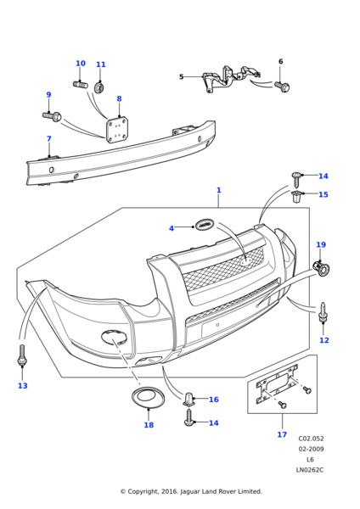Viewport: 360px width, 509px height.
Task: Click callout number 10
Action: click(81, 64)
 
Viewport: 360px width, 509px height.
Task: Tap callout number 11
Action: click(101, 64)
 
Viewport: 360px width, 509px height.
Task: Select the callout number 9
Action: click(48, 95)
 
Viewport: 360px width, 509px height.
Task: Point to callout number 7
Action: click(48, 139)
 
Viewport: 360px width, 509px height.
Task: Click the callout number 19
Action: click(320, 245)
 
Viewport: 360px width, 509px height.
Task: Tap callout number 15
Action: click(323, 194)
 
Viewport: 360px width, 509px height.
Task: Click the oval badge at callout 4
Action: click(205, 225)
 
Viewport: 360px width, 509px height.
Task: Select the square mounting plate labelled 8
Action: click(117, 130)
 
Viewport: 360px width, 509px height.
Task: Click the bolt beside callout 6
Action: click(283, 87)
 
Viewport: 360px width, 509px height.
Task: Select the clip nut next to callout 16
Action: click(189, 399)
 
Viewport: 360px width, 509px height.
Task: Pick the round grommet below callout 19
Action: click(323, 269)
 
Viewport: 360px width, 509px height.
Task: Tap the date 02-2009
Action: click(311, 450)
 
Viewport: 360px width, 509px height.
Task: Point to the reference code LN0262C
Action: click(310, 470)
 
